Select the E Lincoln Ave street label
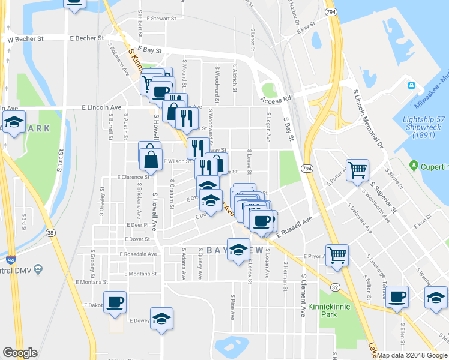[x=101, y=107]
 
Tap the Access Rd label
[x=276, y=98]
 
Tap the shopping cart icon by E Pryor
[x=337, y=254]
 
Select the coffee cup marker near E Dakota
[x=115, y=302]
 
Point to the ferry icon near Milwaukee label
[x=412, y=85]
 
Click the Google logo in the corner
[x=20, y=353]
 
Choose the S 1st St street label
[x=61, y=161]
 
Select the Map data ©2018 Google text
[x=412, y=355]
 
